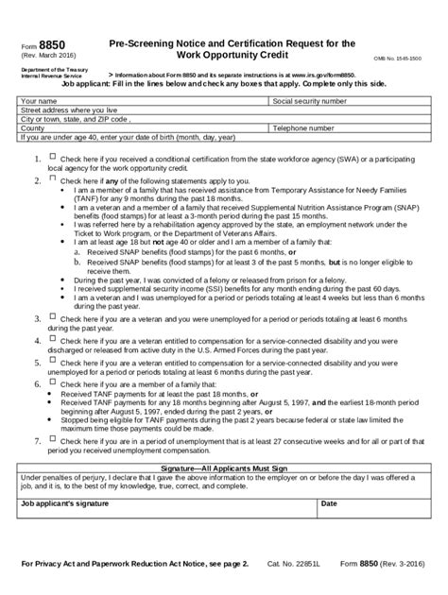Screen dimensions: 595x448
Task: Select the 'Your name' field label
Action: pyautogui.click(x=39, y=99)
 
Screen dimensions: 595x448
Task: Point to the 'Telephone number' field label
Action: pyautogui.click(x=302, y=127)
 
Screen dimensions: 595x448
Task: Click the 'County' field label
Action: pyautogui.click(x=34, y=127)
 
